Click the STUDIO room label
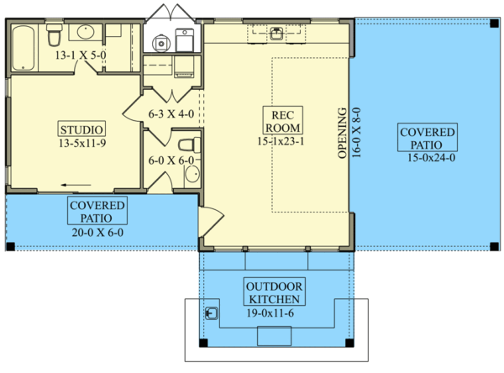(x=82, y=129)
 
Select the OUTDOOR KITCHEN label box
(x=275, y=292)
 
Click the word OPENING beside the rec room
(x=342, y=133)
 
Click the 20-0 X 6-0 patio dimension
(x=98, y=231)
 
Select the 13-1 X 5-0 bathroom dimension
(x=82, y=56)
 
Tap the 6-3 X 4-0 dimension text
(x=171, y=112)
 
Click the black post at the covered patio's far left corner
(x=10, y=247)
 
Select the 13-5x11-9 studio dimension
(x=82, y=144)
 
